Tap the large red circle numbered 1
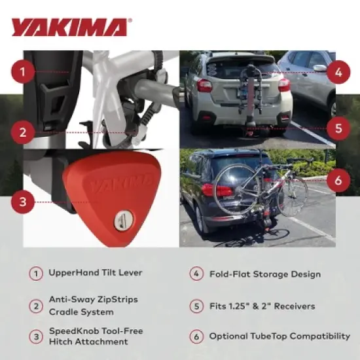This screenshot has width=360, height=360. (23, 71)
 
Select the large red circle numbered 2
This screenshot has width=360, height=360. (23, 132)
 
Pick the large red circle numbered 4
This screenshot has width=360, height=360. (338, 71)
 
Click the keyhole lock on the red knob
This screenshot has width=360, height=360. (122, 221)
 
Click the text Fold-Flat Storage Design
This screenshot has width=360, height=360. (264, 274)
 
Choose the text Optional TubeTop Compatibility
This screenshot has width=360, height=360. (279, 336)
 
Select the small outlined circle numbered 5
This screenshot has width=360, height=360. (196, 306)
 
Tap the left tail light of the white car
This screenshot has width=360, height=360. (204, 85)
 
